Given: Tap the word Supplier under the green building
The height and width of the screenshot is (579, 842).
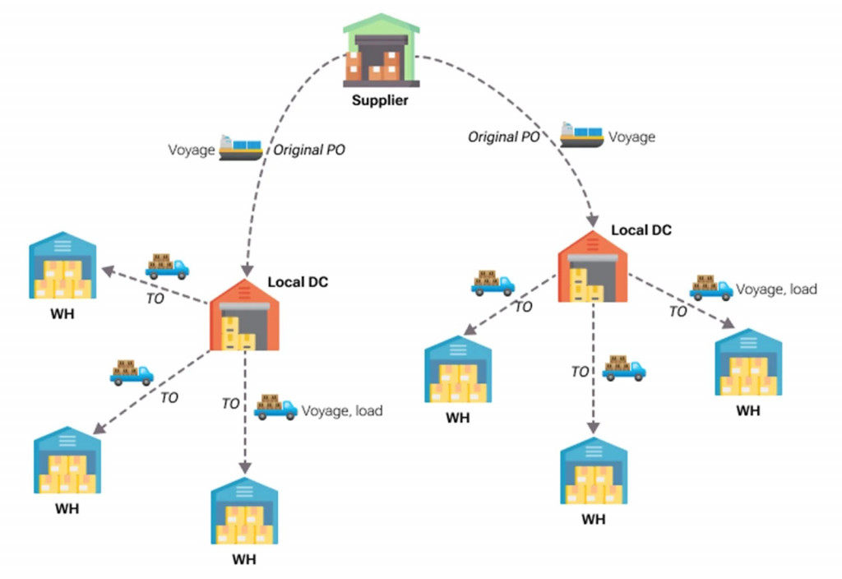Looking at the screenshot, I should pyautogui.click(x=380, y=101).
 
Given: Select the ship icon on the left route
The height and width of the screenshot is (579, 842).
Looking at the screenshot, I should pyautogui.click(x=240, y=148).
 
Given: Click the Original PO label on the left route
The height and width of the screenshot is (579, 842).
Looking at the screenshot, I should pyautogui.click(x=309, y=151).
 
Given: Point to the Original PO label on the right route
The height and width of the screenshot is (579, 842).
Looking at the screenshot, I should pyautogui.click(x=504, y=137).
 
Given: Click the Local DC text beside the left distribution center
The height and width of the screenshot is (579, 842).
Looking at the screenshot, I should pyautogui.click(x=298, y=282).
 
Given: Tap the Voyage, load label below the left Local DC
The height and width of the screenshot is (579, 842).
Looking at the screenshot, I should pyautogui.click(x=342, y=410).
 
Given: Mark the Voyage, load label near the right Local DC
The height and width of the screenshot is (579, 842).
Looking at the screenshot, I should pyautogui.click(x=776, y=289).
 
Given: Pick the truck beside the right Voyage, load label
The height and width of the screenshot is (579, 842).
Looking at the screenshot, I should pyautogui.click(x=710, y=287).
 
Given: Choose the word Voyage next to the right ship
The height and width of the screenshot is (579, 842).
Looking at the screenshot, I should pyautogui.click(x=631, y=137).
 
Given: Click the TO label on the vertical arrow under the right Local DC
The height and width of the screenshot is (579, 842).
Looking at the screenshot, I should pyautogui.click(x=581, y=372).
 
